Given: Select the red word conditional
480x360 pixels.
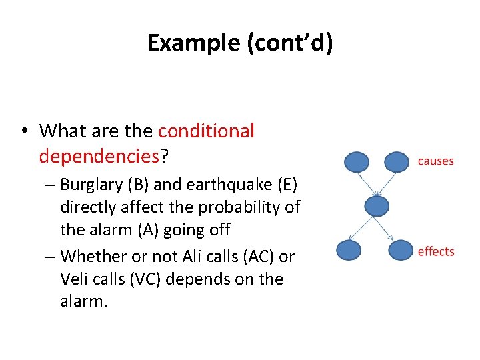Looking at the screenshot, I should [x=206, y=131].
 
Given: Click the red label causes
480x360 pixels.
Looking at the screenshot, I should [x=435, y=161].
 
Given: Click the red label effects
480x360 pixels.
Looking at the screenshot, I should [x=435, y=251].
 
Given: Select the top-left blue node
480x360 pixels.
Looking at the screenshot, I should [x=356, y=162].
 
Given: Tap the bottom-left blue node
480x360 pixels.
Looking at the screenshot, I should [x=349, y=250].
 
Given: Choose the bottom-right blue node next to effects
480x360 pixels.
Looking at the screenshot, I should [x=401, y=250].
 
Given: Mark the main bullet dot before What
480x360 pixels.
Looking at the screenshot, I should [x=25, y=132].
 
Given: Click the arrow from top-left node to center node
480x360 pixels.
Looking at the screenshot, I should [x=367, y=183].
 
